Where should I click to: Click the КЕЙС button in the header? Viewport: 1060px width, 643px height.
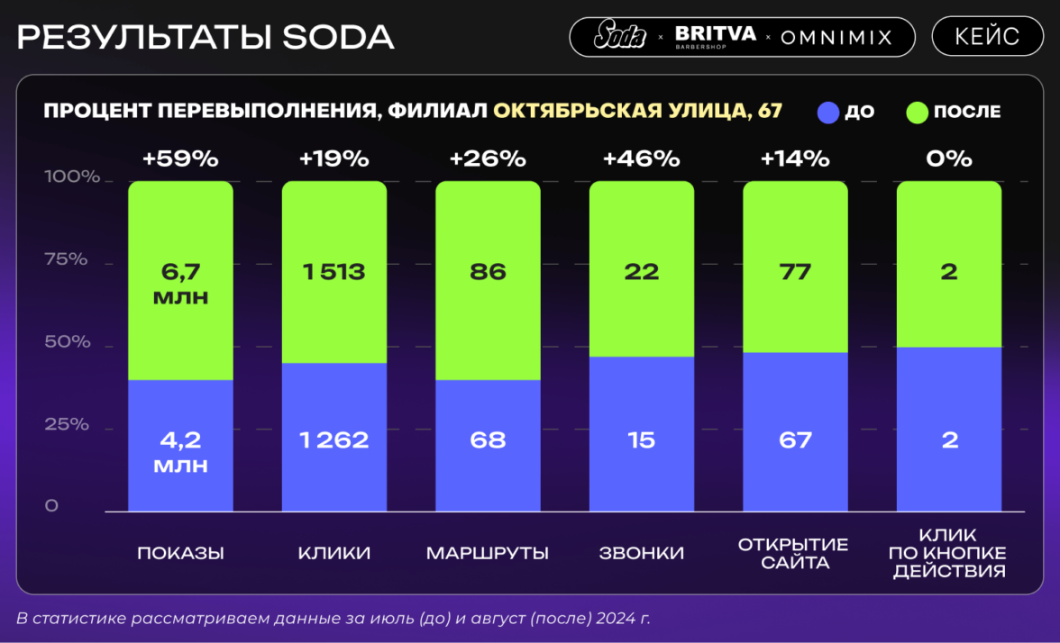(987, 37)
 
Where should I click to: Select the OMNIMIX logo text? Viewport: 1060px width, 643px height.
(836, 38)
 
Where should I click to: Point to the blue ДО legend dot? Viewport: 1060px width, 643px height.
(828, 113)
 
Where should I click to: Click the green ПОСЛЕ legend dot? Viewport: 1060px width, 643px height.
(917, 113)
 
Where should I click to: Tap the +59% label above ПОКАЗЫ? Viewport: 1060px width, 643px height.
(180, 159)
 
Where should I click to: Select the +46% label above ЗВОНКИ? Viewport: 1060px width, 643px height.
(641, 159)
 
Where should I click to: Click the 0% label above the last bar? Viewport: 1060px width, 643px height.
(948, 159)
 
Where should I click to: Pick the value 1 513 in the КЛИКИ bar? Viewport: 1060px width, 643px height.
(334, 271)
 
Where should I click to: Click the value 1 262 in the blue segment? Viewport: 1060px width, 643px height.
(334, 440)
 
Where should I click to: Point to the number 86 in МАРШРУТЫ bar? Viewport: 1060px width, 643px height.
(488, 271)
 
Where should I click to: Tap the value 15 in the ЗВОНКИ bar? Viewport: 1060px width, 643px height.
(641, 440)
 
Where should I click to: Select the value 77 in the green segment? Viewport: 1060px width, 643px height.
(794, 271)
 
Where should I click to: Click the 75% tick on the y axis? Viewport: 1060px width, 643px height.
(67, 260)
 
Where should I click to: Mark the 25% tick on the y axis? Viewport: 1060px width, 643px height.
(67, 424)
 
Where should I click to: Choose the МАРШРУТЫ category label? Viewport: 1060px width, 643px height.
(488, 553)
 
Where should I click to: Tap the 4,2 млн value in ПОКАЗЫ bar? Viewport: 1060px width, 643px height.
(180, 452)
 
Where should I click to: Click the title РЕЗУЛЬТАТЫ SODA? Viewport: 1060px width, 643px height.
(206, 37)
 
